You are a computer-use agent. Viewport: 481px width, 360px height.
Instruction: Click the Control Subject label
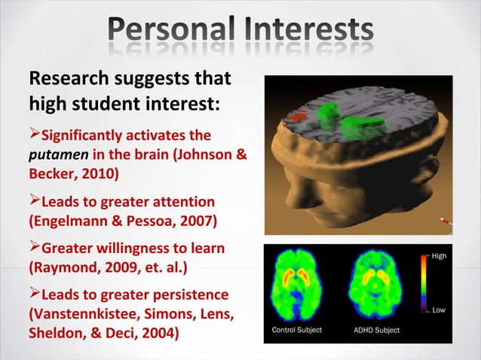coord(296,331)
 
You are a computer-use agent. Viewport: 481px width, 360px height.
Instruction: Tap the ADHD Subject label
coord(376,331)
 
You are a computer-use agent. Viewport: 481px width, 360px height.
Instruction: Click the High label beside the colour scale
coord(440,256)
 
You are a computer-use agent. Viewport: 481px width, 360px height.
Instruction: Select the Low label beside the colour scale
coord(439,310)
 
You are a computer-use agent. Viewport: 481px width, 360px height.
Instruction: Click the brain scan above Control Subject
coord(297,287)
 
